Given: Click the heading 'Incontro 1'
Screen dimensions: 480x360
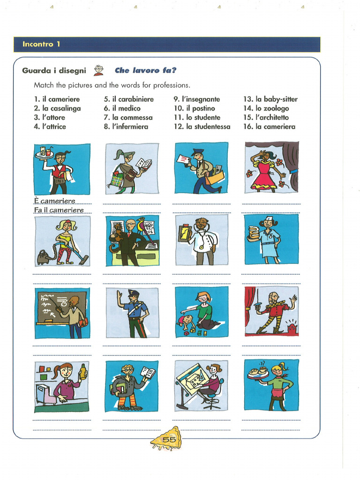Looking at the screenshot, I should (41, 45).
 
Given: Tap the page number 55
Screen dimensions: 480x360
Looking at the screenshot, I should (169, 439).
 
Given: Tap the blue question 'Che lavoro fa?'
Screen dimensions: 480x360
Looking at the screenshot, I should (145, 71).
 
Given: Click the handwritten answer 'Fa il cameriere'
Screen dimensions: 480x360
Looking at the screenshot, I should (59, 210).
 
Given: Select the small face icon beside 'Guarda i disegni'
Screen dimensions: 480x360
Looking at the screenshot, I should (98, 71).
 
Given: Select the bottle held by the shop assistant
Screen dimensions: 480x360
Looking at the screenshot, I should (83, 373).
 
